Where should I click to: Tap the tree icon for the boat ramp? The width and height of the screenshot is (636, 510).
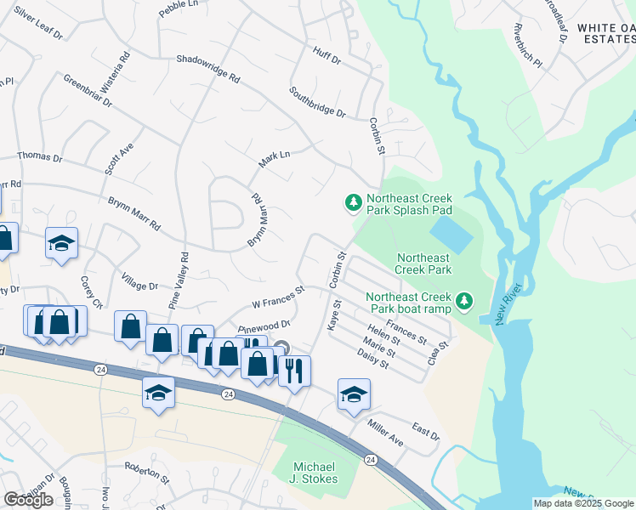pyautogui.click(x=463, y=301)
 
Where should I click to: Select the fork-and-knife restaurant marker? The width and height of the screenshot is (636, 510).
pyautogui.click(x=294, y=371)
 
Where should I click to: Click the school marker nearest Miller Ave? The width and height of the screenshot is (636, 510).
pyautogui.click(x=354, y=394)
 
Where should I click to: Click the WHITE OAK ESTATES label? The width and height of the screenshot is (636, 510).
pyautogui.click(x=605, y=33)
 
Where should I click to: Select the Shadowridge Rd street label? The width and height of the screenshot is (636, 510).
pyautogui.click(x=208, y=68)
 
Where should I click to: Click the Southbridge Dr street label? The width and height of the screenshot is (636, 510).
pyautogui.click(x=317, y=102)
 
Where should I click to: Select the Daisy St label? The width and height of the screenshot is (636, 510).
pyautogui.click(x=372, y=359)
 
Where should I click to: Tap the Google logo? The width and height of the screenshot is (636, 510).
pyautogui.click(x=28, y=500)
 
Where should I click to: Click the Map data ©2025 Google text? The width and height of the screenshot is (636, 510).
pyautogui.click(x=583, y=503)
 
